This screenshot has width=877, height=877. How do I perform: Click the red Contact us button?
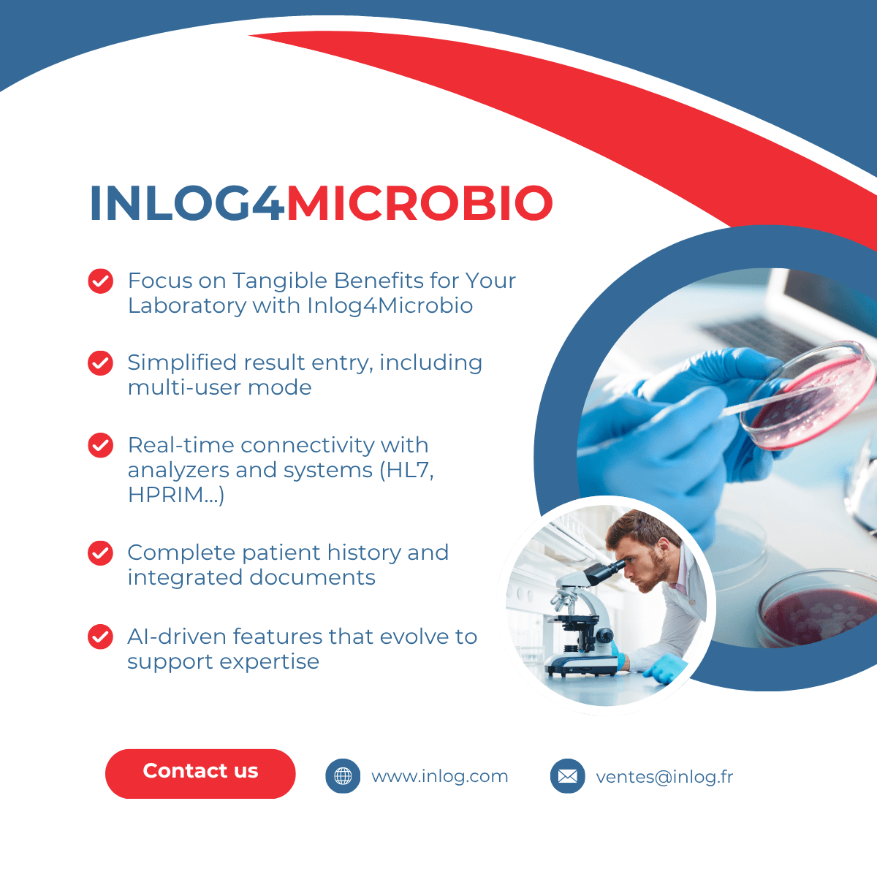200,774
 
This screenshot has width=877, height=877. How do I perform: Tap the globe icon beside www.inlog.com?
343,776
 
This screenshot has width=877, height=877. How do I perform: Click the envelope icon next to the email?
568,776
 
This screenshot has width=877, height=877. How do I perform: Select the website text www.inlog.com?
440,776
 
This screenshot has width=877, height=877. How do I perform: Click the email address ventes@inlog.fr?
664,777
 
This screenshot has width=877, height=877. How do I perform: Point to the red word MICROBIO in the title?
419,203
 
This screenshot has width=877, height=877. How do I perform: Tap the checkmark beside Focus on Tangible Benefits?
101,281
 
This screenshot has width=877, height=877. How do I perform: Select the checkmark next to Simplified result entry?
101,363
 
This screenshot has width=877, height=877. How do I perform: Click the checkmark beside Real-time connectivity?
101,445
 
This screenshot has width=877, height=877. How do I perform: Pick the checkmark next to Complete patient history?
101,553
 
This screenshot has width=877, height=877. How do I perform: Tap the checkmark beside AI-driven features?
101,637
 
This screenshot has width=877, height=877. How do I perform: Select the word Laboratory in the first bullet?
187,305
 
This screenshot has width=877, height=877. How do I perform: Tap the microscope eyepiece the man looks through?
605,572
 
